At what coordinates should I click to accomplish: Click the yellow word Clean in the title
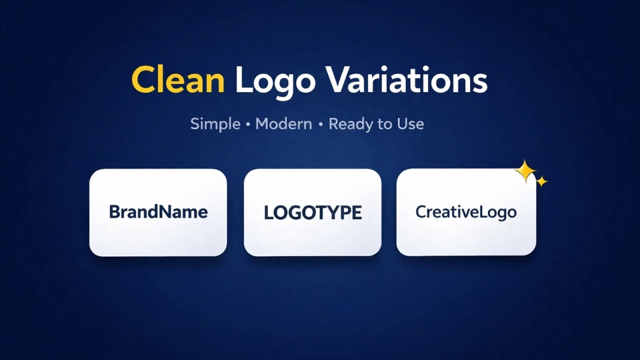tap(178, 79)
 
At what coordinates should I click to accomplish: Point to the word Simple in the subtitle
tap(215, 124)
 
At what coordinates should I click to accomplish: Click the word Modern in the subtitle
tap(284, 124)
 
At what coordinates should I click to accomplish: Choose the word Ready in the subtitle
tap(351, 125)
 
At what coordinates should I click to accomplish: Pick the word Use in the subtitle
tap(411, 124)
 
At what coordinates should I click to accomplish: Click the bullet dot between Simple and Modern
tap(248, 125)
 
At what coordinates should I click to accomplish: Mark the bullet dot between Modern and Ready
tap(321, 125)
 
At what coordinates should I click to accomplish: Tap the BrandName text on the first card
tap(159, 212)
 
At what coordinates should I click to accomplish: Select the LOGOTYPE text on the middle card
tap(313, 213)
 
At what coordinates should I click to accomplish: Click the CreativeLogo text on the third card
tap(466, 212)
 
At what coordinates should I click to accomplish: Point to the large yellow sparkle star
tap(525, 171)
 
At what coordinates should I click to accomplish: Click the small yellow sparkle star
tap(541, 181)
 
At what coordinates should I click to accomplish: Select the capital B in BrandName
tap(115, 212)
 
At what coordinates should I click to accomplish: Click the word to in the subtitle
tap(385, 125)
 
